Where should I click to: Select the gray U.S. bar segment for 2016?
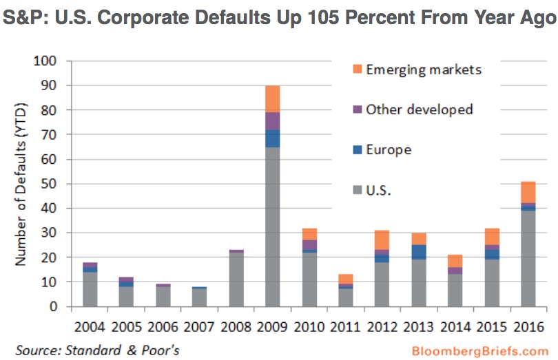coord(529,258)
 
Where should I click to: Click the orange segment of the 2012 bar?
coord(381,240)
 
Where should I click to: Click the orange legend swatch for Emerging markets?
coord(356,70)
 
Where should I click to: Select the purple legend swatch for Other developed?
coord(356,109)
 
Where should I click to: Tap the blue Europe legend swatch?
coord(356,150)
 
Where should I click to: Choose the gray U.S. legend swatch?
coord(356,190)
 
